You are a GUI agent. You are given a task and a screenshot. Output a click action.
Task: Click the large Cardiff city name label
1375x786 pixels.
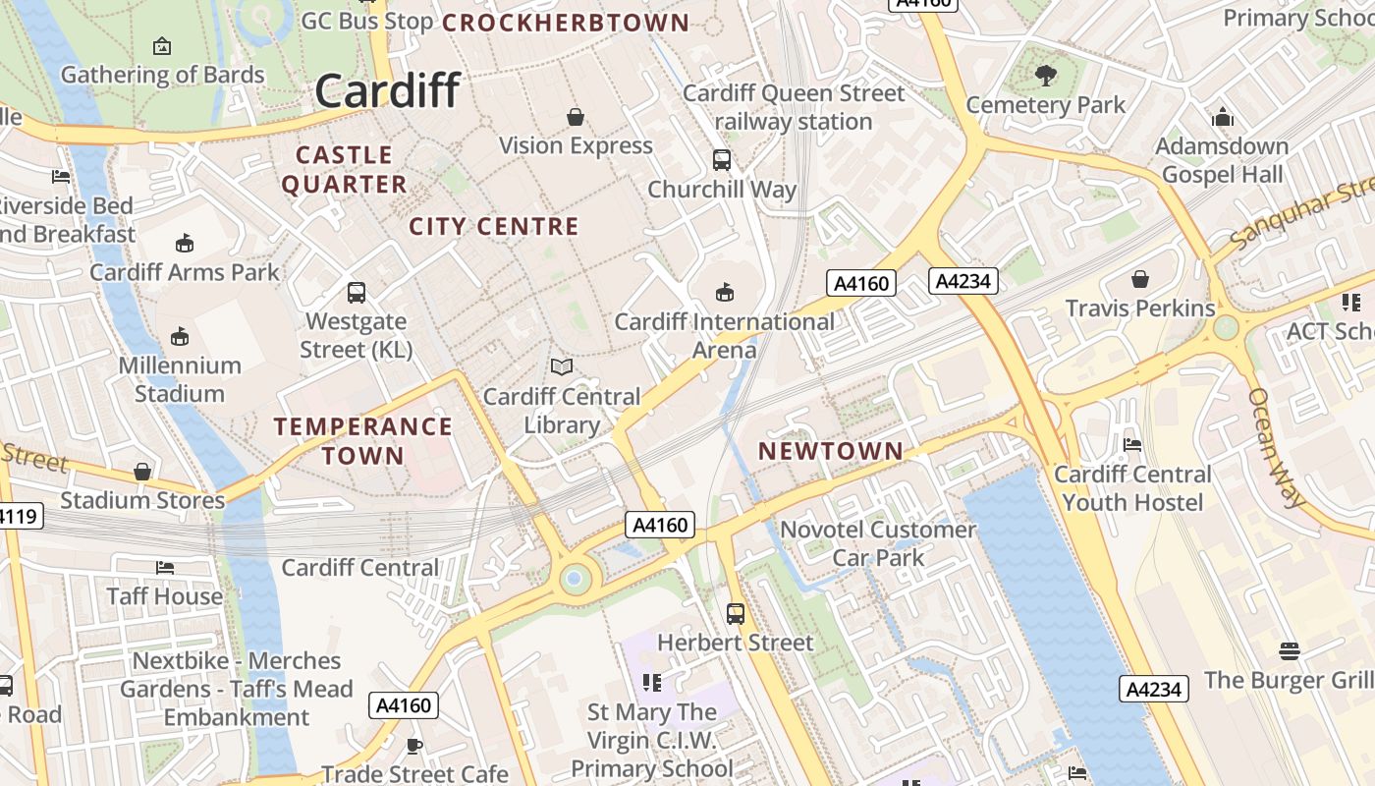coord(387,90)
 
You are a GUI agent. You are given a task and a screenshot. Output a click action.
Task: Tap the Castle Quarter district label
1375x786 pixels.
coord(344,169)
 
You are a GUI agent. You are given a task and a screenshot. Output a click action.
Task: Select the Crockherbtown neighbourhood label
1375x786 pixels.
coord(566,22)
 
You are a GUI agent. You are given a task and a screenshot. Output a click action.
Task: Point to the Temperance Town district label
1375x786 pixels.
coord(363,440)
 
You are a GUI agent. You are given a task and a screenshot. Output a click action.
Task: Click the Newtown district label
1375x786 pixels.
coord(831,451)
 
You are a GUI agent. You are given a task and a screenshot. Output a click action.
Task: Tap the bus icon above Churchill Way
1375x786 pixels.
coord(722,159)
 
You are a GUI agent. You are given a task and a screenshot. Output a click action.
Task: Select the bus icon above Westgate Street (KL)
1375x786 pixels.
coord(357,292)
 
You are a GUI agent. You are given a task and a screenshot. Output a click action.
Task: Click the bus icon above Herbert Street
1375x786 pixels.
coord(736,614)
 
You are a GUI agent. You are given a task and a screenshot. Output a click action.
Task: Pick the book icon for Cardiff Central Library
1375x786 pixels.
coord(562,367)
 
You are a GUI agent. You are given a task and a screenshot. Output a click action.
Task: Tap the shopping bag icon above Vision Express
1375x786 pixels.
coord(576,117)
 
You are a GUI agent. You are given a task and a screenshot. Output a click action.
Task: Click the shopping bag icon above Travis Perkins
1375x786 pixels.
coord(1140,279)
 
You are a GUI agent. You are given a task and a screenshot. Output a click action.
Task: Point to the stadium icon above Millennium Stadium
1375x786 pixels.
coord(180,337)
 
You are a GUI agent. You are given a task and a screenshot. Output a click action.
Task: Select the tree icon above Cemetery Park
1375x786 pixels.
coord(1046,75)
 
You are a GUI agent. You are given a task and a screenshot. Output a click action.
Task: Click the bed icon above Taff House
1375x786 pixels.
coord(165,568)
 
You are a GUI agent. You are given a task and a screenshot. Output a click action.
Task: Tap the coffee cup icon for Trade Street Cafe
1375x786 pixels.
coord(414,746)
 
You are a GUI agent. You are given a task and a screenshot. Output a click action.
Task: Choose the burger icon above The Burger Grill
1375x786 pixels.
coord(1290,650)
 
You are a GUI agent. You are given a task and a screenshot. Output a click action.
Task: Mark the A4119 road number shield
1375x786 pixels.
coord(18,515)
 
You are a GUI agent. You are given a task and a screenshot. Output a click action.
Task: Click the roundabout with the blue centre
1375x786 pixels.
coord(575,580)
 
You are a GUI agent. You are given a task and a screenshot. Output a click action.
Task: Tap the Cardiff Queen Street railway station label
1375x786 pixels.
coord(794,107)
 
